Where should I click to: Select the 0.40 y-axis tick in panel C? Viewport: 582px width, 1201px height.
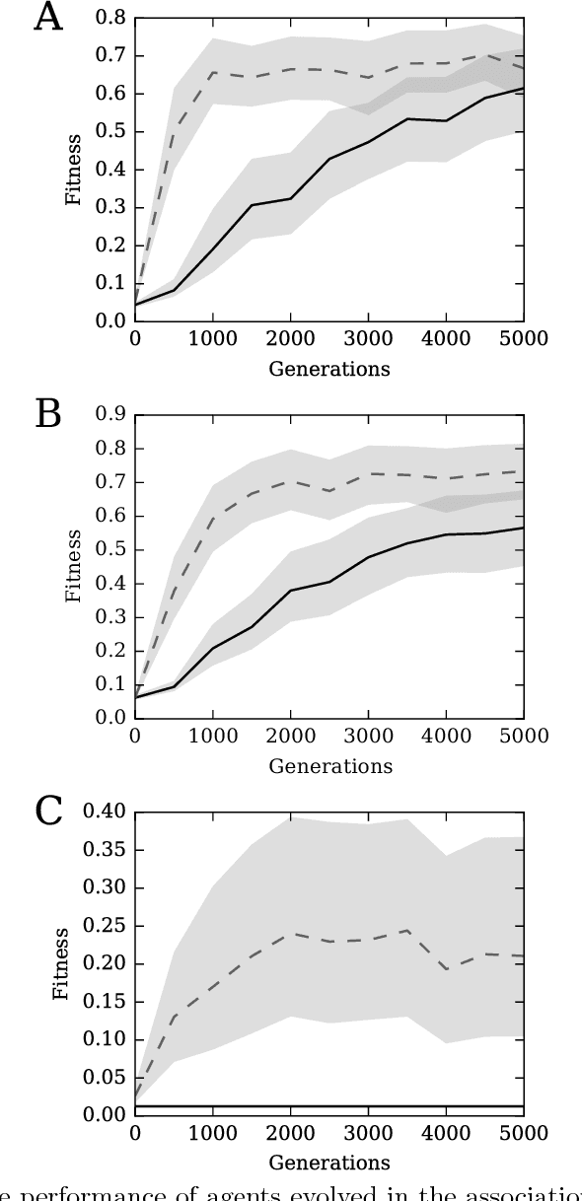104,812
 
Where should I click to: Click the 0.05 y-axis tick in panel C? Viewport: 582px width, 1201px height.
104,1077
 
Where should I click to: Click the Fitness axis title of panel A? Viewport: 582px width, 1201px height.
74,170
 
